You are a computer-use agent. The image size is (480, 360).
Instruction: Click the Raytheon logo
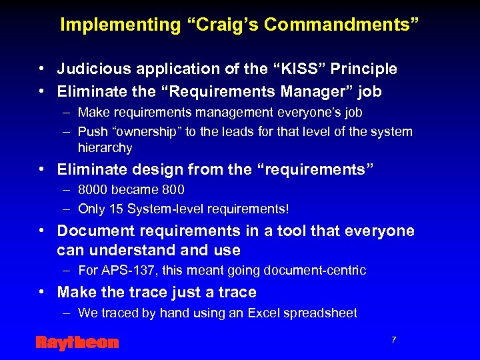(x=77, y=343)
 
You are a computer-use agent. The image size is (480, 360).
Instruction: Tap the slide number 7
(x=394, y=340)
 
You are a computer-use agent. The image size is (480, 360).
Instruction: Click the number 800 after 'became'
(x=173, y=190)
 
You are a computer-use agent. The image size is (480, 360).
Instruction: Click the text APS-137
(x=124, y=271)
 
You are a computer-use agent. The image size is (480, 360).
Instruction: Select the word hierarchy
(x=105, y=147)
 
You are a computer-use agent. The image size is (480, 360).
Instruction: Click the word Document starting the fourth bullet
(x=92, y=231)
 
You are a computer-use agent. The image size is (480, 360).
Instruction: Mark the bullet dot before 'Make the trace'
(x=42, y=292)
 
